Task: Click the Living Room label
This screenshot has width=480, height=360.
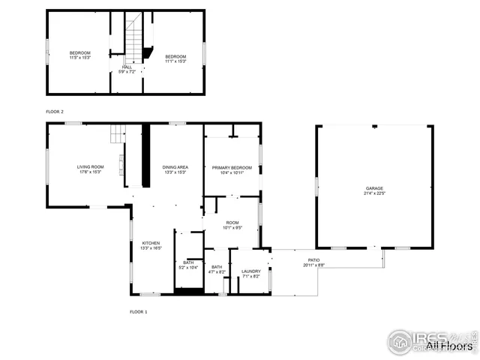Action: (x=90, y=169)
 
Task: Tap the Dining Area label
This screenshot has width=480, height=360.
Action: (x=175, y=169)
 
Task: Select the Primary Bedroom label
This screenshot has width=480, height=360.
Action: (x=231, y=169)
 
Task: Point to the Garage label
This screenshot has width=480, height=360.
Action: (x=374, y=190)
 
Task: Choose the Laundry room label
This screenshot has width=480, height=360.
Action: (x=250, y=273)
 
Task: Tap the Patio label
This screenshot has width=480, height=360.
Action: (x=313, y=262)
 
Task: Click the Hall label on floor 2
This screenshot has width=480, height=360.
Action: (x=127, y=69)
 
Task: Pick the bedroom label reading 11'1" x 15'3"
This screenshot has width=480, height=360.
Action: (x=175, y=58)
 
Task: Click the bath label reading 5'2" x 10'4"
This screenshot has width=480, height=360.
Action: (x=188, y=265)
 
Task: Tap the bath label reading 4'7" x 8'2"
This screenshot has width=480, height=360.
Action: (x=216, y=269)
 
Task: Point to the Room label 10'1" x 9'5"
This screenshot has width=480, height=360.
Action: (x=232, y=225)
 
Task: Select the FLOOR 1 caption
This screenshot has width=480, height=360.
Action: (x=138, y=310)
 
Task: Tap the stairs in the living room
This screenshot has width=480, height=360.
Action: (x=116, y=133)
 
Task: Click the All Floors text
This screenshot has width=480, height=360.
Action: (x=450, y=346)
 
